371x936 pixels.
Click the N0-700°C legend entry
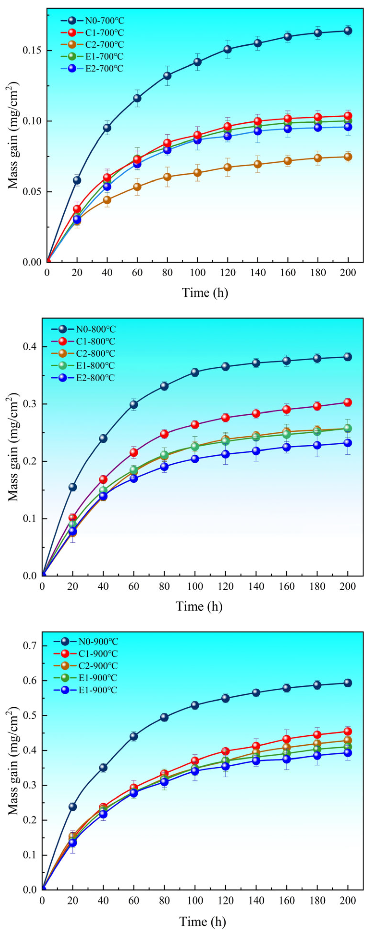[x=92, y=20]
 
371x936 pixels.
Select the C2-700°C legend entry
[x=92, y=45]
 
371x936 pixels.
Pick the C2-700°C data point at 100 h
[x=197, y=173]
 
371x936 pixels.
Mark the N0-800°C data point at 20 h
[x=73, y=487]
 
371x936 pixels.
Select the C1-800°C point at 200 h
[x=348, y=402]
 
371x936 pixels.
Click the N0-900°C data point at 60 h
[x=134, y=737]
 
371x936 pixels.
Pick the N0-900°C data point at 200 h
[x=348, y=683]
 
